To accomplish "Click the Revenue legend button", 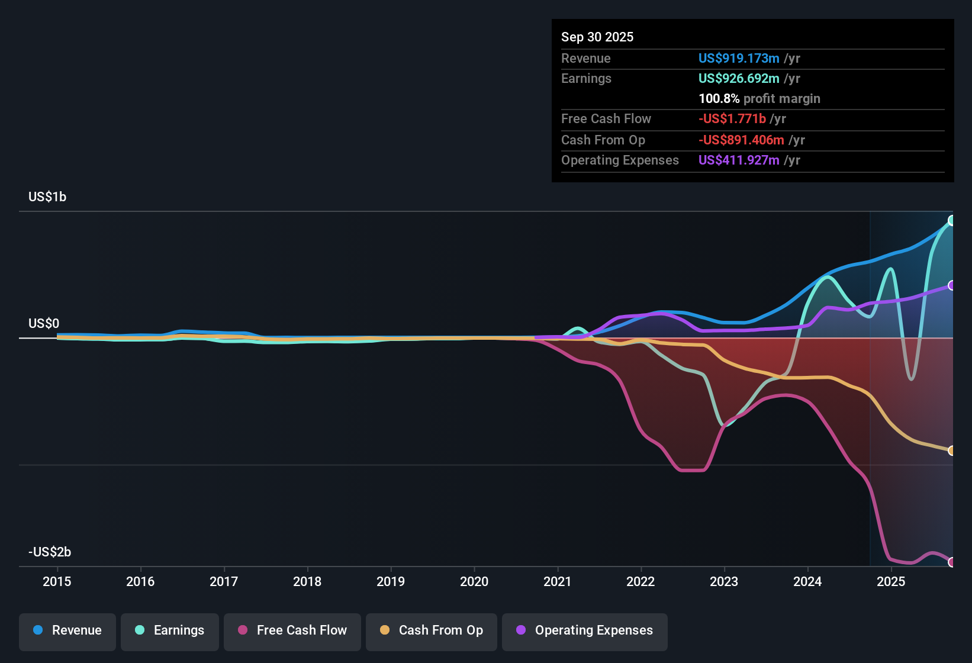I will click(67, 630).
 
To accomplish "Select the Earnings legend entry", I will click(170, 630).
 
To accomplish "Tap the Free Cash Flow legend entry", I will click(292, 630).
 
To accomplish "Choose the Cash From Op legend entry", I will click(432, 630).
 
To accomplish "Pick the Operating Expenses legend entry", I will click(585, 630).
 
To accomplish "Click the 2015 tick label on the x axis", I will click(57, 582).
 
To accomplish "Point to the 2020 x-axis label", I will click(474, 582).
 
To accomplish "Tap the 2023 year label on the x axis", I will click(724, 582).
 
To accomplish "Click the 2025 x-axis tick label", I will click(891, 582).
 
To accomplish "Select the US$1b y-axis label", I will click(47, 197).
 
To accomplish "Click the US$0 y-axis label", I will click(44, 324).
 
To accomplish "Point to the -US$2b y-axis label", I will click(50, 552).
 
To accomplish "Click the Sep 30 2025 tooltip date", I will click(597, 37).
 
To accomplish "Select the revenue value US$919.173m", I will click(739, 59).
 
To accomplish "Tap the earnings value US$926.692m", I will click(739, 79).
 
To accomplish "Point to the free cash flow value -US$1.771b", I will click(732, 119).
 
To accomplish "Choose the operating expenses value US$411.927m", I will click(739, 160).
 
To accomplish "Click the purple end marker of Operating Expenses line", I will click(951, 285).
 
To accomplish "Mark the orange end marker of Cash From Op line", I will click(951, 451).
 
